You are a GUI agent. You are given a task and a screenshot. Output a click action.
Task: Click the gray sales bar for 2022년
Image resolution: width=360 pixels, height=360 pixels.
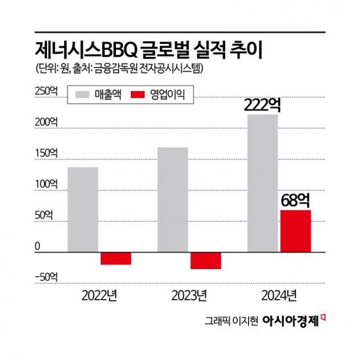[83, 209]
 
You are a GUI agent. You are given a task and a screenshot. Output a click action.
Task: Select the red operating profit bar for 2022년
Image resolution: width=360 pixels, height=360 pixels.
[116, 258]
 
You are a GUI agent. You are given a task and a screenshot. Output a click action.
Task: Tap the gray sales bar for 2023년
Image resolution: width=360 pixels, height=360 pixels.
[173, 200]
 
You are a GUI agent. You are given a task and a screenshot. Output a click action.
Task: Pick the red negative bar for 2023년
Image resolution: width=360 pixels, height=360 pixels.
[206, 260]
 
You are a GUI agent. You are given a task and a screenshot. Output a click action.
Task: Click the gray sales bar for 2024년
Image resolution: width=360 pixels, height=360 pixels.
[262, 183]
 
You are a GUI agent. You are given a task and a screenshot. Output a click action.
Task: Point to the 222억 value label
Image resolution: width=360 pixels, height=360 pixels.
[264, 105]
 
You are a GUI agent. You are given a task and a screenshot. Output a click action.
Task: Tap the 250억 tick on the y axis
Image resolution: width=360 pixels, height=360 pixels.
[46, 92]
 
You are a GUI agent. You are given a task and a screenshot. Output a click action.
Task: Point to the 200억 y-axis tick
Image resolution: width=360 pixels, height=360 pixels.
[46, 122]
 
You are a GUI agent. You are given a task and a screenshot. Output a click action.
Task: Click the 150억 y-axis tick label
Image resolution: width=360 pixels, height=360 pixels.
[46, 153]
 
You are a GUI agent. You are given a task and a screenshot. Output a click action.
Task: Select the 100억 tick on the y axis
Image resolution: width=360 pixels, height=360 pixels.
[46, 185]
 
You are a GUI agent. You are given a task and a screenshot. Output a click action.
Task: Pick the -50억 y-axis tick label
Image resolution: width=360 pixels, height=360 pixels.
[46, 277]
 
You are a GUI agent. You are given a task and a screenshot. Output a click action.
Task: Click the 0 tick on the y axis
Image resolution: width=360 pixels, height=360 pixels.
[37, 246]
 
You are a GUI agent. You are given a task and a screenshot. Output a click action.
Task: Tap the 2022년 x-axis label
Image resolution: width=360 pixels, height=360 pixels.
[99, 293]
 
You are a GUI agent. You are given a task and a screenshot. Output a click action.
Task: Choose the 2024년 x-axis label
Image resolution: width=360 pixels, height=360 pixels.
[279, 293]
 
